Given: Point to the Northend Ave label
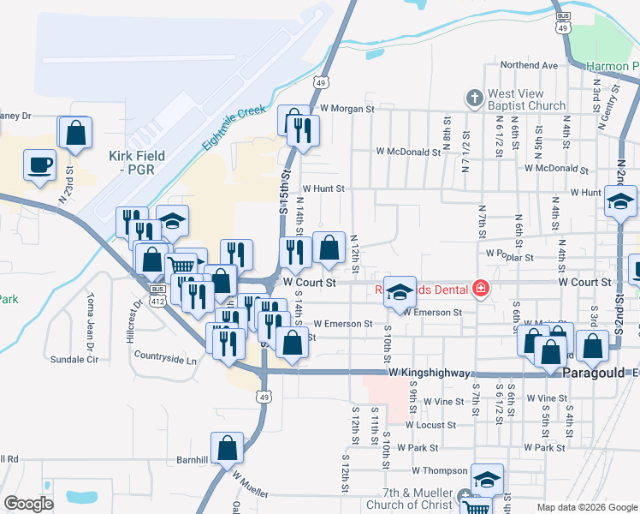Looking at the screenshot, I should point(529,65).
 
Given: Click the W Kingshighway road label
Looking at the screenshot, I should point(429,374).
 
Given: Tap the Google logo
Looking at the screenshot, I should point(29,504).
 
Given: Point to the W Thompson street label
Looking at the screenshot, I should point(439,470).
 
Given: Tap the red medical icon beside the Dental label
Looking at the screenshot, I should point(480,288).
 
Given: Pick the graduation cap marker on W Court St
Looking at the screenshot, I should point(399,291).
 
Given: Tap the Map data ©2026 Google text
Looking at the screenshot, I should point(587,507).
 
